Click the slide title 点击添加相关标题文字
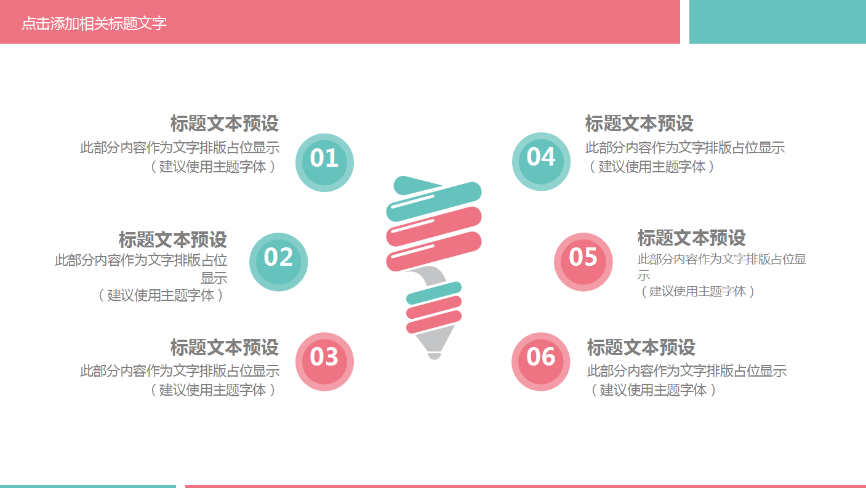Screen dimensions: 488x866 pos(94,23)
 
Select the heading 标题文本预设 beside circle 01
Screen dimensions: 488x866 pos(224,124)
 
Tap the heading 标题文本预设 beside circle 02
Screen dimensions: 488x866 pos(172,239)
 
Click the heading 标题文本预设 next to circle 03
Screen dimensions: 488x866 pos(224,347)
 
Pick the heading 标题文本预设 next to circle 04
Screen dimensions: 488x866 pos(639,124)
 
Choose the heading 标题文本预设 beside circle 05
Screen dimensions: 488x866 pos(691,238)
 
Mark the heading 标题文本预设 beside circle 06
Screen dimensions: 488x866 pos(641,347)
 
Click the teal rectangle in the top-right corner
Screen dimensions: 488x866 pos(777,22)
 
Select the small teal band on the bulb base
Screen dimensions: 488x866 pos(434,292)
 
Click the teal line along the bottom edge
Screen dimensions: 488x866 pos(87,486)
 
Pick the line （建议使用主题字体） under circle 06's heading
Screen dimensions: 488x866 pos(653,390)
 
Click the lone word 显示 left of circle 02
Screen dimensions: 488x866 pos(214,278)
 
